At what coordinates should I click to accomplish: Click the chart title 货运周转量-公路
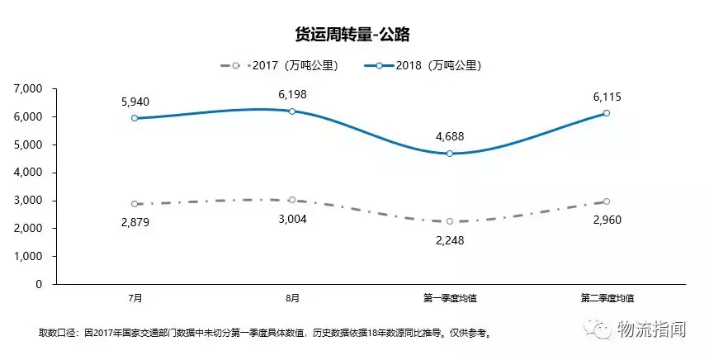coord(353,34)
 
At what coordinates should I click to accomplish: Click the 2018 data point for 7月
coord(135,118)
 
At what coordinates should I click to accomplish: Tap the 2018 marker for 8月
coord(292,111)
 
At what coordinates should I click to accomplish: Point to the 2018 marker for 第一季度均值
coord(450,153)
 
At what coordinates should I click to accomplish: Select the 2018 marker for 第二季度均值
coord(607,113)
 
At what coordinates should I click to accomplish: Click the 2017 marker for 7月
coord(135,203)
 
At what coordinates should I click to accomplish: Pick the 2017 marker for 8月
coord(292,200)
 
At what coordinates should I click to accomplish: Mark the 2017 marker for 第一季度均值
coord(450,221)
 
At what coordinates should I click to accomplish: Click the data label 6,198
coord(292,95)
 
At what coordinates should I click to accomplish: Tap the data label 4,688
coord(450,137)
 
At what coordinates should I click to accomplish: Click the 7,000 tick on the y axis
coord(28,88)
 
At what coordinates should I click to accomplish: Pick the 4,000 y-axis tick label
coord(28,173)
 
